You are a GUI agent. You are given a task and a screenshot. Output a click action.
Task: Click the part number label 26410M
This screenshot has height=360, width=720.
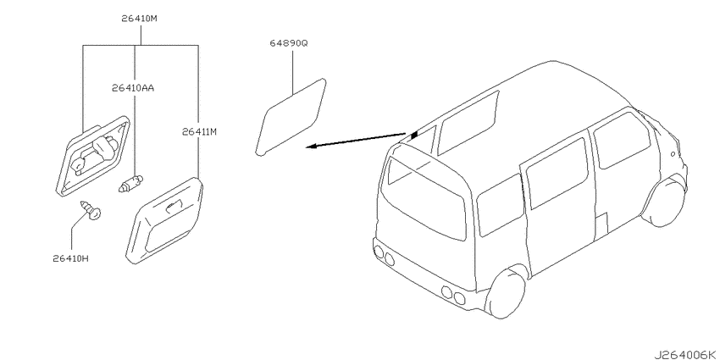[x=140, y=19]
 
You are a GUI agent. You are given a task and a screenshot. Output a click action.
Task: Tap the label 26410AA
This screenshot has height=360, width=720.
[x=133, y=87]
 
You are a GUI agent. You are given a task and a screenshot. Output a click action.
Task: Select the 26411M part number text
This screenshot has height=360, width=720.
[x=199, y=132]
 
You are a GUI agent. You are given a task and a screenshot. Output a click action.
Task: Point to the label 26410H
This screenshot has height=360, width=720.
[x=70, y=258]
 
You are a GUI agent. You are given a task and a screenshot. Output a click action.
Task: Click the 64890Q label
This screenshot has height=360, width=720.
[x=289, y=43]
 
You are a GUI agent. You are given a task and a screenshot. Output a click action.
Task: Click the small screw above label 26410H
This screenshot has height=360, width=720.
[x=91, y=210]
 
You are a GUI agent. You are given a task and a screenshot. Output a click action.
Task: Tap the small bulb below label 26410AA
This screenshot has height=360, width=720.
[x=131, y=183]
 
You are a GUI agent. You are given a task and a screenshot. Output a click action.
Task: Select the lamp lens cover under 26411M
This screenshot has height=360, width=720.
[x=165, y=220]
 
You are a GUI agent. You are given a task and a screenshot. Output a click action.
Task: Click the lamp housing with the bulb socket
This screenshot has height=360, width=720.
[x=93, y=155]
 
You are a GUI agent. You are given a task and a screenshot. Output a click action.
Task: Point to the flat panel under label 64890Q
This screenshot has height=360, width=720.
[x=291, y=117]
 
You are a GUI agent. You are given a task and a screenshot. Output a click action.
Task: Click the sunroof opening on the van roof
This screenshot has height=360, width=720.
[x=468, y=122]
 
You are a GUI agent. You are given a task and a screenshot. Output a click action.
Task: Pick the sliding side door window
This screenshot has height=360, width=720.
[x=557, y=174]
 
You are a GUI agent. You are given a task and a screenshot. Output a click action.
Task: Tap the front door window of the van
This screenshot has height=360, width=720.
[x=622, y=140]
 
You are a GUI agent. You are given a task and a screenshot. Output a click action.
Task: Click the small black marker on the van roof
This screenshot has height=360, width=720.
[x=414, y=135]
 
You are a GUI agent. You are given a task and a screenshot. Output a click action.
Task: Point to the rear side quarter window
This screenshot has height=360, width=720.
[x=500, y=205]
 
